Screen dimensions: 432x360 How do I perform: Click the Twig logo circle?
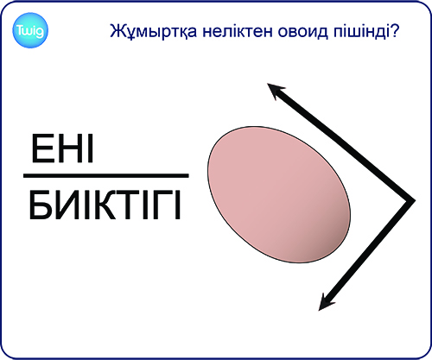(x=30, y=30)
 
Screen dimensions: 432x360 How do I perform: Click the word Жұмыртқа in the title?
(x=154, y=31)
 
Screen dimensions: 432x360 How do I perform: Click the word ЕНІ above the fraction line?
(x=62, y=148)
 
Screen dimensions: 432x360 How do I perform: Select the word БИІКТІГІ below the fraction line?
(x=105, y=205)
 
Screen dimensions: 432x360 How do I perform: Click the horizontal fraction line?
(x=106, y=175)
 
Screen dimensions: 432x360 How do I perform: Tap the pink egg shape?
(x=279, y=194)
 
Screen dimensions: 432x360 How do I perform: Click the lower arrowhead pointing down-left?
(x=327, y=302)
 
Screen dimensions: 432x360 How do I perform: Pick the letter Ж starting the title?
(x=117, y=31)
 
